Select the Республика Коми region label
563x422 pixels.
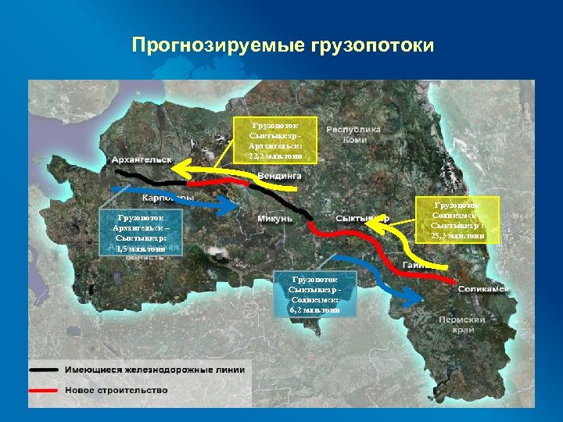[x=353, y=134]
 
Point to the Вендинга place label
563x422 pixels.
[x=279, y=177]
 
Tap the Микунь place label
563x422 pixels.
[x=274, y=218]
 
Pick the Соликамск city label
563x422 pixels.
[x=484, y=288]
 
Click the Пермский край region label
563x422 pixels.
[x=462, y=324]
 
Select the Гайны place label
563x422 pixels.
[x=414, y=266]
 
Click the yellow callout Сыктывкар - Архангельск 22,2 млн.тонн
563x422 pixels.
[x=274, y=140]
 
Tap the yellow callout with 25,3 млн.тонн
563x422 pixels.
[x=457, y=220]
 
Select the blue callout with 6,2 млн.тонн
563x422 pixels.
[x=314, y=294]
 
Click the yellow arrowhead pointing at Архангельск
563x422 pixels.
[x=184, y=167]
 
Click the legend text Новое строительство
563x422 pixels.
[x=116, y=389]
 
